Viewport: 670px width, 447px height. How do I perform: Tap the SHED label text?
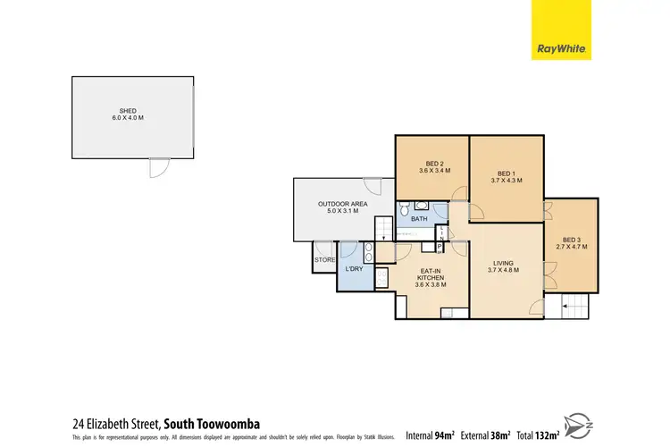(x=128, y=112)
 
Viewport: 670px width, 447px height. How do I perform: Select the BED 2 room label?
(x=433, y=164)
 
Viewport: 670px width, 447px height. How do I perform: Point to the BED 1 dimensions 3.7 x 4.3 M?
(x=506, y=181)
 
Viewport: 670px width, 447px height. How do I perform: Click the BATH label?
(x=418, y=219)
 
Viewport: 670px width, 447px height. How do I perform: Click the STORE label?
(x=322, y=261)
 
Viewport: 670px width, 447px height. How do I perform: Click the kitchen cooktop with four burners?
(x=381, y=278)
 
